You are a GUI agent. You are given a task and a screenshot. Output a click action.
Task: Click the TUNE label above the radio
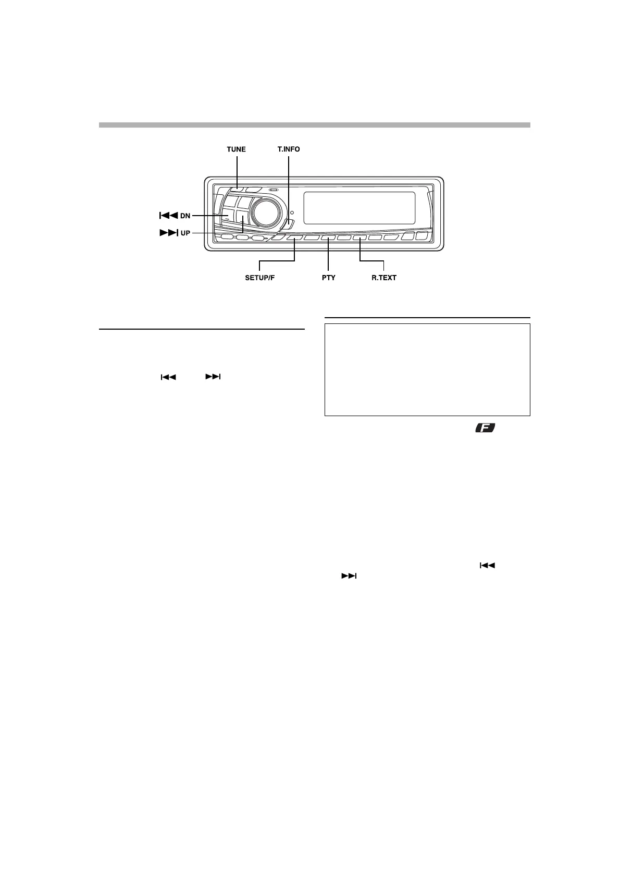coord(236,149)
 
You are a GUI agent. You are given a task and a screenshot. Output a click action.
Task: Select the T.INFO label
coord(288,149)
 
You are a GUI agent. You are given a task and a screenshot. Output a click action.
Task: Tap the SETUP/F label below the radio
coord(259,278)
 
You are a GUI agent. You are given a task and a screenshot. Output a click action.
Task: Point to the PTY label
coord(328,278)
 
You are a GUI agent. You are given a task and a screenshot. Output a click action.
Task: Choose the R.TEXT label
coord(384,278)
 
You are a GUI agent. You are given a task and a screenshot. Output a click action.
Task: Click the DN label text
coord(185,216)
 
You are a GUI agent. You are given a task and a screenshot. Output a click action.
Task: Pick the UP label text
coord(185,233)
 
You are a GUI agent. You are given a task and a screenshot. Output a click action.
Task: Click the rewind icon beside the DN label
coord(168,216)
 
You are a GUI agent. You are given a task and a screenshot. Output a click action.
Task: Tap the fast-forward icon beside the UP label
coord(168,233)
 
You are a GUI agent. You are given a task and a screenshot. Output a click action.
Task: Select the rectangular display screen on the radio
coord(359,207)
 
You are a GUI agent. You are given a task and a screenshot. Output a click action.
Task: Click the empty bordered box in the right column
coord(427,370)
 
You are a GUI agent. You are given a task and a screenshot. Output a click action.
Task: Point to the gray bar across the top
coord(314,125)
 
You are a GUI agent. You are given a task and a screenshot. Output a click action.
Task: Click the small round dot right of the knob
coord(292,212)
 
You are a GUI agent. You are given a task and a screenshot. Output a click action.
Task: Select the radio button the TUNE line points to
coord(238,190)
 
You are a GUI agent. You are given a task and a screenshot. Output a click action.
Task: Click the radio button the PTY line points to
coord(328,238)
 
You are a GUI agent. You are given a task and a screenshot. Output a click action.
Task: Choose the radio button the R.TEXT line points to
coord(360,238)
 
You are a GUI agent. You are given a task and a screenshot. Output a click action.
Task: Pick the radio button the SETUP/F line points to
coord(295,238)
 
